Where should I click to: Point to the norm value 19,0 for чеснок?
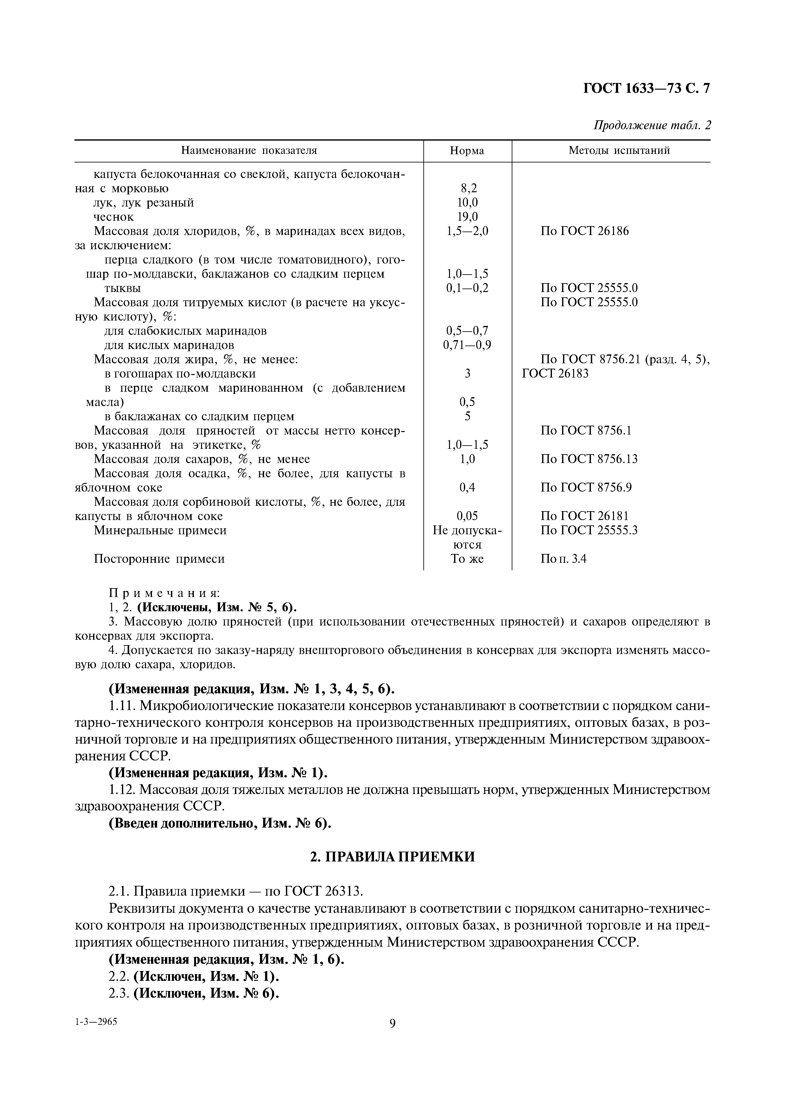(467, 217)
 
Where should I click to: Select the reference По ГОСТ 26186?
(584, 231)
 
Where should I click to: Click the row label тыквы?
(123, 289)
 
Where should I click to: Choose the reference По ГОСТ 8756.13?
(589, 459)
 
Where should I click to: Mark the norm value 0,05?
(467, 516)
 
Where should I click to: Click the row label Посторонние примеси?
(159, 559)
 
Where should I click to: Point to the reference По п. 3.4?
(563, 559)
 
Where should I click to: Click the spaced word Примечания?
(164, 593)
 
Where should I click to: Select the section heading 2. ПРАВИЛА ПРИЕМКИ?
(392, 857)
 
